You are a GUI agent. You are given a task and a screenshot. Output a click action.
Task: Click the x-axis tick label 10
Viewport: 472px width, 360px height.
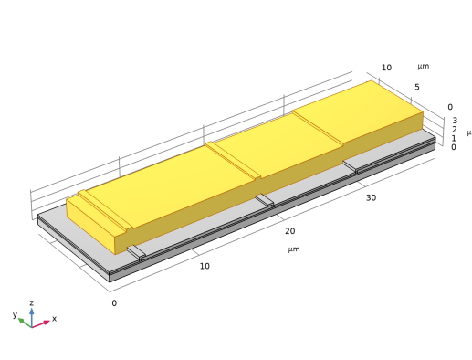tap(205, 266)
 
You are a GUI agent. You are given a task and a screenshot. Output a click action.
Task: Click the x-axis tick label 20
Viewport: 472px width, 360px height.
tap(289, 231)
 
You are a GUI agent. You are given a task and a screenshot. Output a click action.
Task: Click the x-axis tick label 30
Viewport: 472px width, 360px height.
tap(371, 198)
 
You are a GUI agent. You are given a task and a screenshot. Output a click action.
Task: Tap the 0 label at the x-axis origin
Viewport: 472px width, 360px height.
tap(114, 303)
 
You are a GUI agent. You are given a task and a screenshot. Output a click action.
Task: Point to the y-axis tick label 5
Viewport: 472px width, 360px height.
tap(417, 87)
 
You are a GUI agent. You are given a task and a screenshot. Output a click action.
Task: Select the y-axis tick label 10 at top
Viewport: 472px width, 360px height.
tap(386, 68)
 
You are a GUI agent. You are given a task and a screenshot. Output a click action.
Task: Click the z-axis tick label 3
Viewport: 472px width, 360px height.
tap(455, 121)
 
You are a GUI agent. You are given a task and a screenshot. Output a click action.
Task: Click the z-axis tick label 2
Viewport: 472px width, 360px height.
tap(454, 130)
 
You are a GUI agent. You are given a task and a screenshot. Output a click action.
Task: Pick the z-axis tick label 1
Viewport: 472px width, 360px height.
tap(454, 139)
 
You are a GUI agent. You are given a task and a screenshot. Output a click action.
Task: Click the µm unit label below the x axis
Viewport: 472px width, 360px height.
tap(294, 249)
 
